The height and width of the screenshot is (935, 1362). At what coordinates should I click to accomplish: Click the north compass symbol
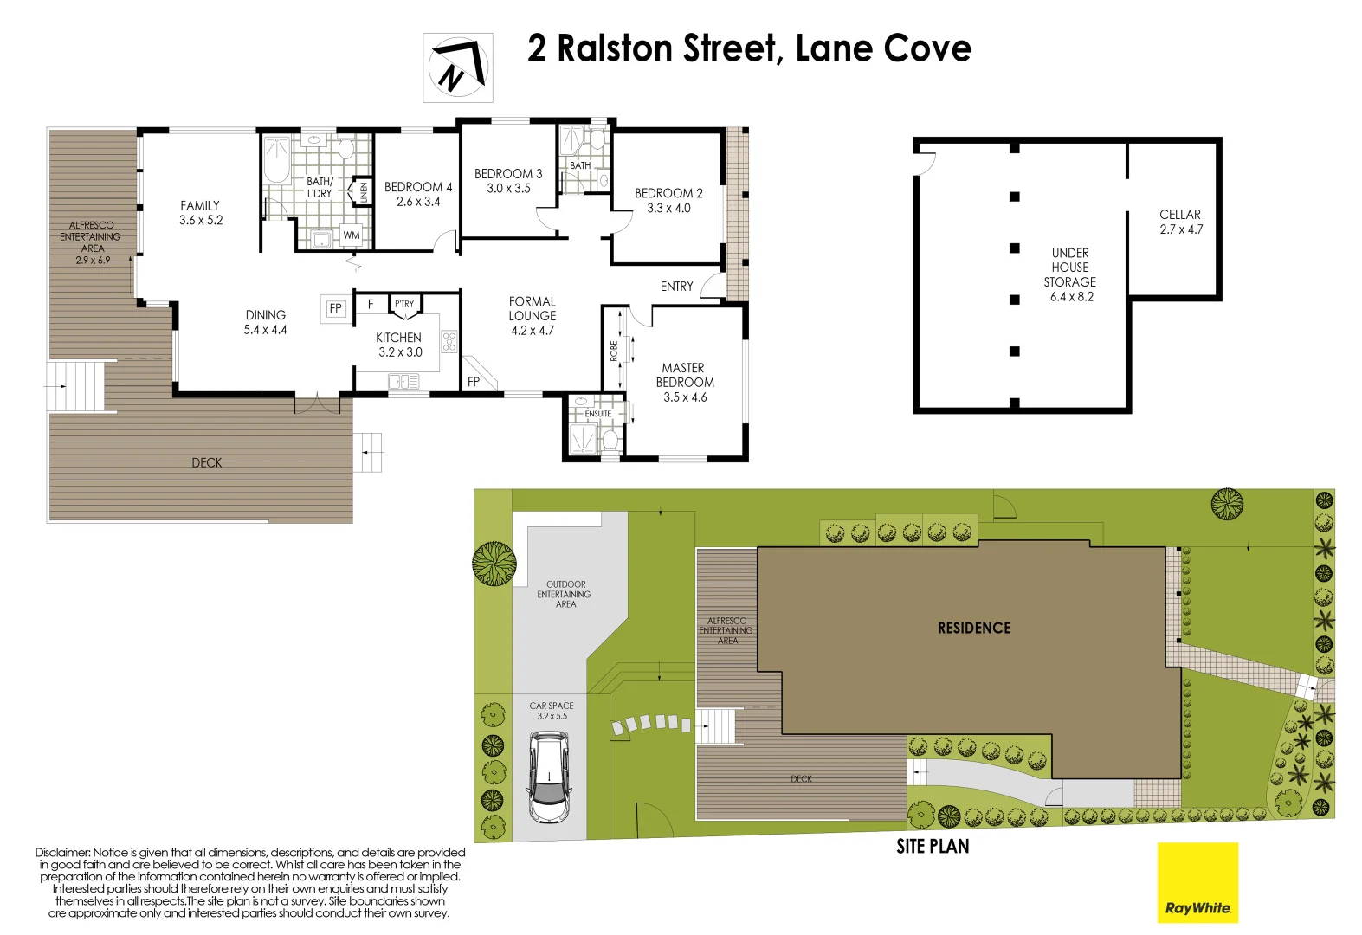click(458, 68)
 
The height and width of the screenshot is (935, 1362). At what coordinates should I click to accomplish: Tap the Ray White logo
click(1197, 883)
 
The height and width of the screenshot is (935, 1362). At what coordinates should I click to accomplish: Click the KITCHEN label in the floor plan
click(399, 338)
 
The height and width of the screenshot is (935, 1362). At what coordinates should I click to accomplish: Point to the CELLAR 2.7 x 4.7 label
click(1180, 222)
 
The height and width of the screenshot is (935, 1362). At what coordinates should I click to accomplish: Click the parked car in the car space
click(549, 777)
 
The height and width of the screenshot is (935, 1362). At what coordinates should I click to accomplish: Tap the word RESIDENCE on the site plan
click(974, 628)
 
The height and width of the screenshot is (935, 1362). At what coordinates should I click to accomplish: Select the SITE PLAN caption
click(933, 847)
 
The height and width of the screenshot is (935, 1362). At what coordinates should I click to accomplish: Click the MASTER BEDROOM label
click(685, 375)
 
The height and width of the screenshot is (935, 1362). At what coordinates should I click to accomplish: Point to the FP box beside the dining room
click(336, 308)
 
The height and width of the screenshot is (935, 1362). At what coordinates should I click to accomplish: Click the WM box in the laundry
click(351, 235)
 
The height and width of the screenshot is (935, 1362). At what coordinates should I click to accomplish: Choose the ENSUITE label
click(598, 414)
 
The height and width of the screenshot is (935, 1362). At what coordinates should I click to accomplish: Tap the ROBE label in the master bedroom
click(614, 351)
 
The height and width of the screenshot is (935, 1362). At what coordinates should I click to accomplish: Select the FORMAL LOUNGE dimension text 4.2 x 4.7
click(532, 331)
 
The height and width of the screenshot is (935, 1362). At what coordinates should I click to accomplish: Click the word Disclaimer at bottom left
click(61, 853)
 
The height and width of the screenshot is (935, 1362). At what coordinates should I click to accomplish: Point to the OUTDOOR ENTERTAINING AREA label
click(565, 594)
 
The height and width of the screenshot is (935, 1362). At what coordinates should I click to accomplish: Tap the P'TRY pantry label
click(404, 304)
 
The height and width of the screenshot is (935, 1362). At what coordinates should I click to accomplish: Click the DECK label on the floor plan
click(206, 463)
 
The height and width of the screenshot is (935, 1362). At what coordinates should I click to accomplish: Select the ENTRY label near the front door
click(676, 287)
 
